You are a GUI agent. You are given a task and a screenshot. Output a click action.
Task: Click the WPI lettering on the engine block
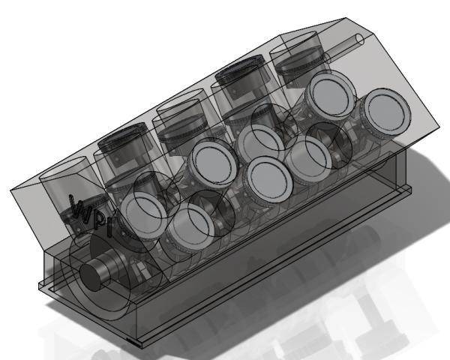(85, 211)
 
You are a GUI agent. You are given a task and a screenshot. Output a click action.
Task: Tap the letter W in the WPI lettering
(76, 207)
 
